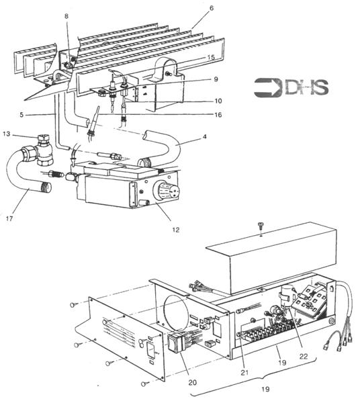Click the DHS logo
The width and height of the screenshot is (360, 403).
click(291, 87)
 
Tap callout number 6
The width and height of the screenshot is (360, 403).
click(211, 8)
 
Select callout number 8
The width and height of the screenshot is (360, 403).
click(66, 16)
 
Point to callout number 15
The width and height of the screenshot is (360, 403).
click(211, 57)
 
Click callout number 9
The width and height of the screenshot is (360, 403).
click(216, 79)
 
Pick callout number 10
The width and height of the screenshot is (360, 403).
click(218, 101)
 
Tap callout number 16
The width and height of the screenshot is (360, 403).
click(218, 115)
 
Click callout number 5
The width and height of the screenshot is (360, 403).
click(21, 115)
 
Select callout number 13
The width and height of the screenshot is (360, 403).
click(7, 134)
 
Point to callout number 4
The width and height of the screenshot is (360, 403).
click(204, 137)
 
